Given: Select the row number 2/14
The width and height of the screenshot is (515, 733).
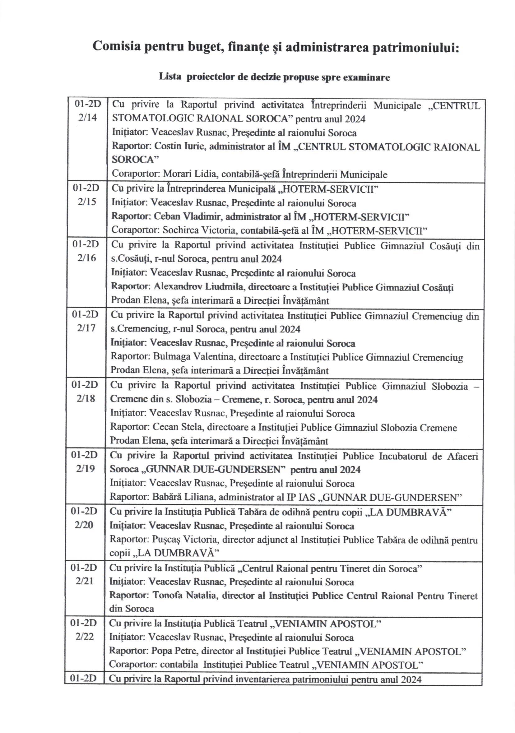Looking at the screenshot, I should [87, 118].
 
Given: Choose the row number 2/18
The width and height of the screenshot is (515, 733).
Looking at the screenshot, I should [86, 398].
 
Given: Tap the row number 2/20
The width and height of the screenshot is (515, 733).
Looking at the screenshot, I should [84, 525].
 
